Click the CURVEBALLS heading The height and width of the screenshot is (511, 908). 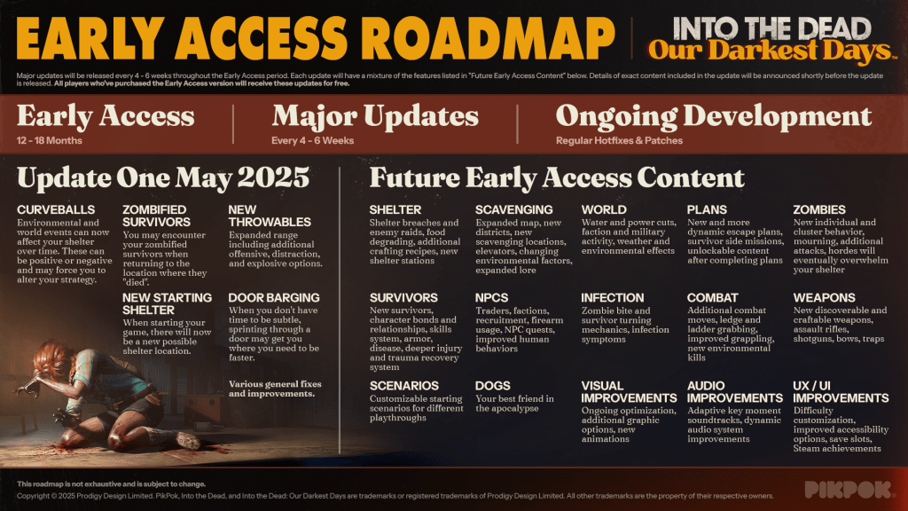tap(56, 209)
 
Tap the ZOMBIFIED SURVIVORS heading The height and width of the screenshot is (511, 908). tap(156, 216)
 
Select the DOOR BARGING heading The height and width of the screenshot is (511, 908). tap(274, 298)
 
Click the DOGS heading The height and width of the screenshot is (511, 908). tap(493, 386)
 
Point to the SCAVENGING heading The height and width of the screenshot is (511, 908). tap(514, 209)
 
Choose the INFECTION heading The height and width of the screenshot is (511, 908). tap(613, 298)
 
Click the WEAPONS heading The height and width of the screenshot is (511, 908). tap(824, 298)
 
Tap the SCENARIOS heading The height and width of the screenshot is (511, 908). tap(404, 386)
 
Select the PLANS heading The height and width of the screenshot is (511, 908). tap(707, 209)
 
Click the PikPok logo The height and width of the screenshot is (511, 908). tap(848, 490)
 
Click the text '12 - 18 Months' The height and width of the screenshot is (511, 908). tap(50, 141)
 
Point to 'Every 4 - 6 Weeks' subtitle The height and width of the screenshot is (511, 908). tap(313, 141)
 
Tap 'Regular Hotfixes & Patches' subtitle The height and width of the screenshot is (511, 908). tap(619, 141)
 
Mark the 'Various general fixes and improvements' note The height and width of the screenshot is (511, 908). tap(275, 389)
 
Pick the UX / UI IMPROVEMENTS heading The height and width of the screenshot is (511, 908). tap(841, 392)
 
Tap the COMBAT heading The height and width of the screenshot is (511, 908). tap(712, 298)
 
